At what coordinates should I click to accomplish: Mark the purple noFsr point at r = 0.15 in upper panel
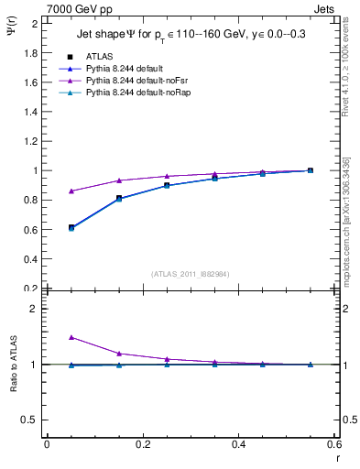119,180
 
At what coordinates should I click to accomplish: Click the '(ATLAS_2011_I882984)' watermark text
191,274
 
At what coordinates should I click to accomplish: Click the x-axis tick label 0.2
142,444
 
